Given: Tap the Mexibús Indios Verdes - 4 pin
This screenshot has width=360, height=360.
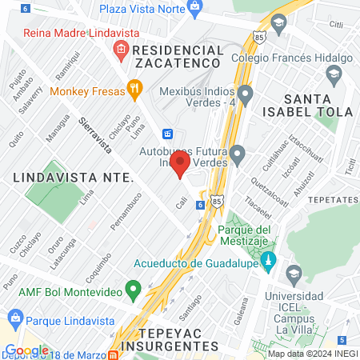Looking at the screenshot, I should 245,98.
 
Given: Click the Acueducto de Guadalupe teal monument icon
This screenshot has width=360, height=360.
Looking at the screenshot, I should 269,262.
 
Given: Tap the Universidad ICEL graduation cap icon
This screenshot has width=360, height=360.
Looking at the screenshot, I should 294,273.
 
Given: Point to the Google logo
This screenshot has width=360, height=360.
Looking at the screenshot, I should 26,350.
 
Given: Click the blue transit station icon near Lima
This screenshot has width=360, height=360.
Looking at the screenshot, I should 168,134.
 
